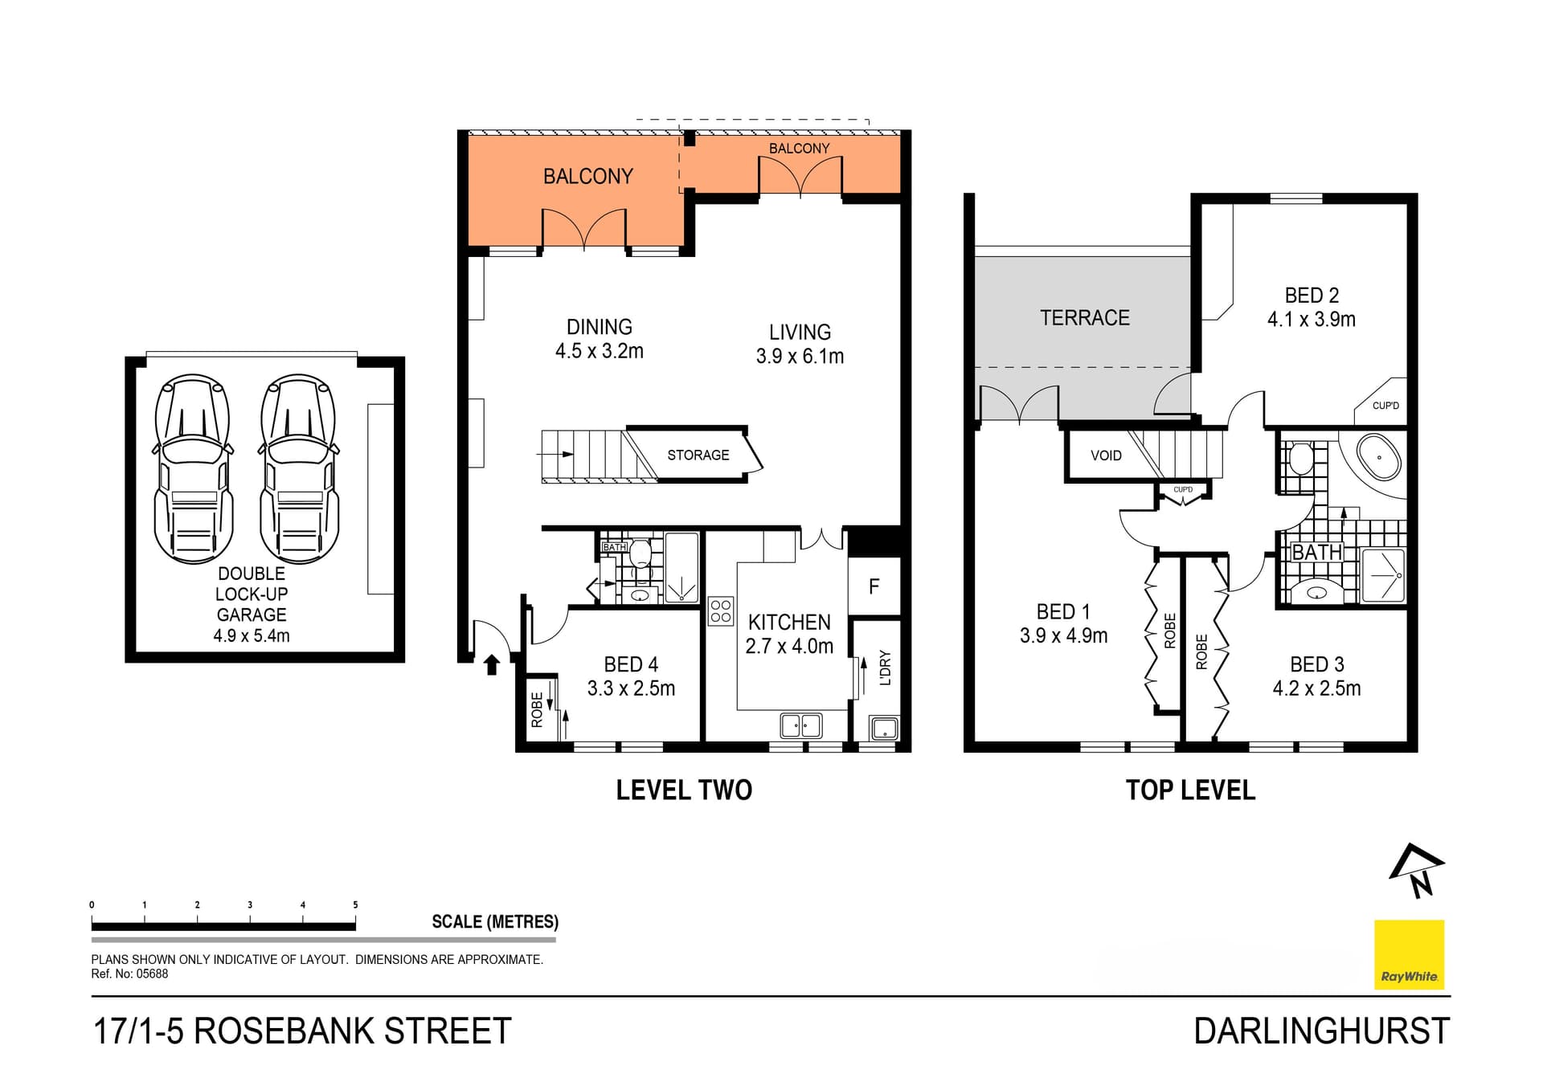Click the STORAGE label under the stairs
click(x=698, y=455)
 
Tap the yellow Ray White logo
click(x=1409, y=954)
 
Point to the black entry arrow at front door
click(x=492, y=664)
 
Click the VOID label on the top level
click(x=1106, y=455)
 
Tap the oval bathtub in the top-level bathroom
click(x=1379, y=458)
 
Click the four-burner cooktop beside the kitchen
click(x=721, y=611)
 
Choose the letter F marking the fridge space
click(x=874, y=587)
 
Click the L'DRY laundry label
click(x=886, y=667)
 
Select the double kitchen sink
click(x=800, y=725)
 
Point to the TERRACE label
click(x=1084, y=318)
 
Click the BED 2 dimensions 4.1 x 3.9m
click(x=1311, y=320)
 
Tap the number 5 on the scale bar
click(x=355, y=905)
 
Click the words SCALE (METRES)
click(x=494, y=922)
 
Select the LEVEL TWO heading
click(x=684, y=790)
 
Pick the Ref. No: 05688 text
click(x=129, y=974)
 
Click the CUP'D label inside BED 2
click(x=1385, y=406)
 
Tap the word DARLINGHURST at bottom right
click(x=1321, y=1031)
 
